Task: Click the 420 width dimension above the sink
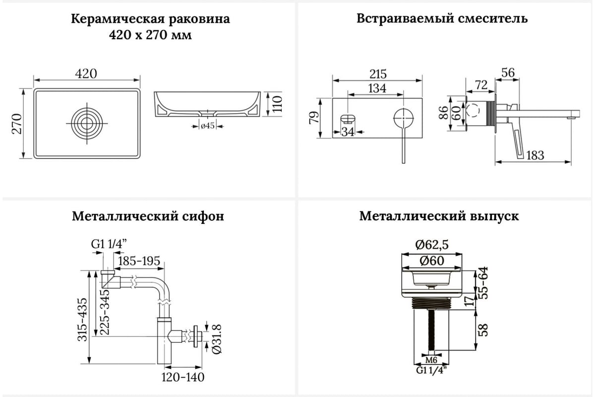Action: point(86,73)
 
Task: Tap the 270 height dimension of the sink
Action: point(17,124)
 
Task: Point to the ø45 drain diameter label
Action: point(208,126)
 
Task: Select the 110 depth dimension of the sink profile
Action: point(277,104)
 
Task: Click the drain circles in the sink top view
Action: point(87,123)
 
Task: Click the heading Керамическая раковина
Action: point(150,19)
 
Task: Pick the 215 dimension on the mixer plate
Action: point(378,74)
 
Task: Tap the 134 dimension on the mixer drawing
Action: point(377,88)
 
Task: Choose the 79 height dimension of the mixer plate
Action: point(314,118)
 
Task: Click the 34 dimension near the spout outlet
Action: point(348,132)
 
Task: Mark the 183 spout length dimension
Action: point(535,155)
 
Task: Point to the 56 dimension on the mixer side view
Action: point(508,72)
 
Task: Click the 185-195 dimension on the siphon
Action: point(139,261)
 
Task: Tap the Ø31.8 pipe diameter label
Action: point(217,339)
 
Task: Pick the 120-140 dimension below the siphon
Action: point(183,377)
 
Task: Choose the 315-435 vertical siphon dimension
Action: point(82,320)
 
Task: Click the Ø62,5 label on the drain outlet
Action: point(432,245)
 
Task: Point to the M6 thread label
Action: point(431,360)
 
